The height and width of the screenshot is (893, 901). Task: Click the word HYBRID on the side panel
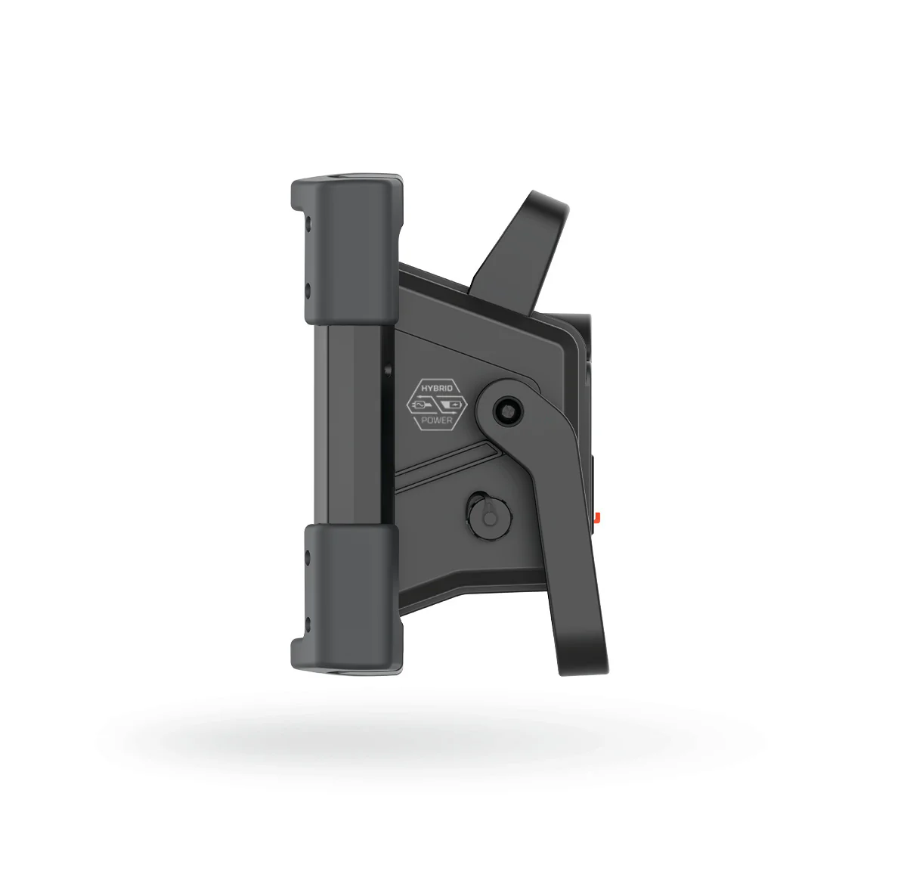coord(437,388)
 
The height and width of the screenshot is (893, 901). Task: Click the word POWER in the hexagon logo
coord(437,420)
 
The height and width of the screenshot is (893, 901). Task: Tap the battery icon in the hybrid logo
coord(452,406)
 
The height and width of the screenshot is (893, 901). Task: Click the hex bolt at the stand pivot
coord(508,411)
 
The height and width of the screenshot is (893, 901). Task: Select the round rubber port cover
coord(488,516)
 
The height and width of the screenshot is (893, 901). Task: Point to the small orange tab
coord(598,517)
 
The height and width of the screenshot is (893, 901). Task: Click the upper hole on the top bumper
coord(308,221)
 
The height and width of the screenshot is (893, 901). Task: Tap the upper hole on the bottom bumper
coord(308,557)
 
